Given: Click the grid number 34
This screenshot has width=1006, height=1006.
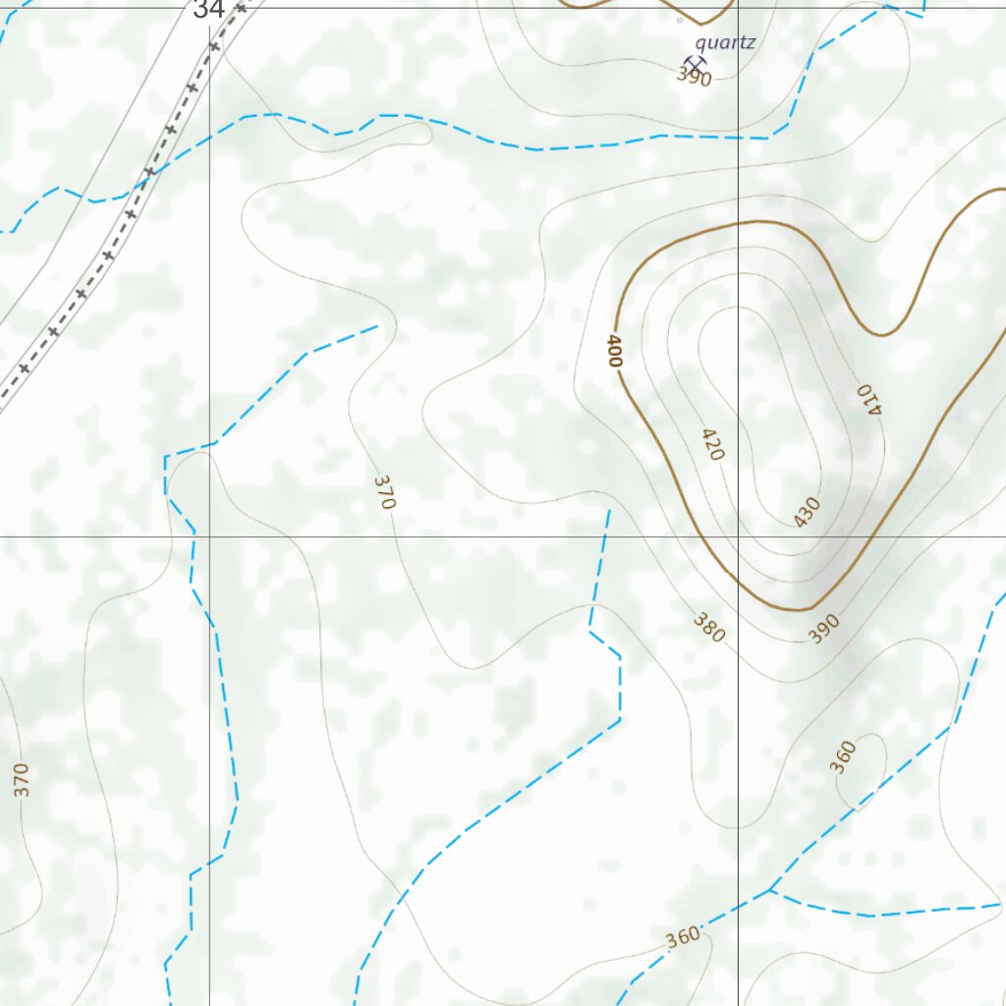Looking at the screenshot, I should [x=209, y=10].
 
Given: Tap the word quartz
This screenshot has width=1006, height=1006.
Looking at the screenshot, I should [x=724, y=42].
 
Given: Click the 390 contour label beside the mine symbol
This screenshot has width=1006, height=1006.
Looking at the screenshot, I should [x=695, y=78].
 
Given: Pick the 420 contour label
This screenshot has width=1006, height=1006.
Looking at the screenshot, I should [x=712, y=444].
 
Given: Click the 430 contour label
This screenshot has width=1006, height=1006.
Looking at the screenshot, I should [x=806, y=513].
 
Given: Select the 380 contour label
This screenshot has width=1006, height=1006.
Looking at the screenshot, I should [x=708, y=628].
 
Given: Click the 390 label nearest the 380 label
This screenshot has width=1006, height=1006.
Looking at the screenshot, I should [x=824, y=628].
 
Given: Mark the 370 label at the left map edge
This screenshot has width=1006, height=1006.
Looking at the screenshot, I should [x=22, y=779].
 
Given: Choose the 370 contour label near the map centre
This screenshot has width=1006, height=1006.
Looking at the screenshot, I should [x=384, y=491].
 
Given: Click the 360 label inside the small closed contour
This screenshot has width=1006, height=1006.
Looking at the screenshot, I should [x=844, y=757].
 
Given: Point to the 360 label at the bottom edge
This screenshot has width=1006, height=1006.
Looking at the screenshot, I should [x=682, y=936].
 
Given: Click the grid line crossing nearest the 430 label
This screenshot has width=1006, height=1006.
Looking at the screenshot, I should [x=739, y=536].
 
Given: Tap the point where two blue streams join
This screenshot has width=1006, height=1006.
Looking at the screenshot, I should [x=771, y=891].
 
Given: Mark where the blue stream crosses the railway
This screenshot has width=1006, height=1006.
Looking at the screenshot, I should [x=145, y=177].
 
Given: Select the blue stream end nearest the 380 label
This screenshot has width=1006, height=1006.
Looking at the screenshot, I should [x=609, y=511].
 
